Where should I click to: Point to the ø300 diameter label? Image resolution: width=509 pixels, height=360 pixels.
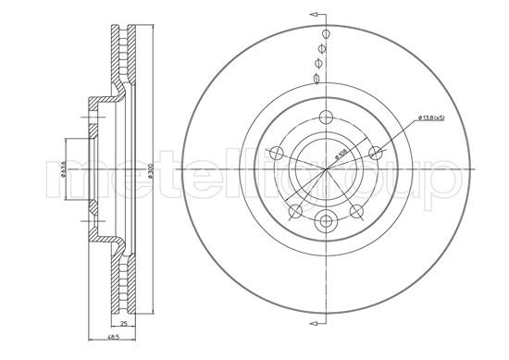tap(147, 171)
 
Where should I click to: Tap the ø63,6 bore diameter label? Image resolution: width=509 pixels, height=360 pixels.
tap(62, 171)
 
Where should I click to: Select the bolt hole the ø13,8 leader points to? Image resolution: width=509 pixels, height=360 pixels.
tap(375, 154)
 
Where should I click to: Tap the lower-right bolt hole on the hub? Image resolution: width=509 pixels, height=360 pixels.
tap(355, 214)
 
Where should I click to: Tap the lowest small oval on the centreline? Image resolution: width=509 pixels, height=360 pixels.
tap(318, 77)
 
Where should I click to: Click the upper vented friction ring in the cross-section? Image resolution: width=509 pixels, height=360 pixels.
tap(121, 56)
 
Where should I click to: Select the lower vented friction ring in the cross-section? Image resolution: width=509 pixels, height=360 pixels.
tap(121, 287)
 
